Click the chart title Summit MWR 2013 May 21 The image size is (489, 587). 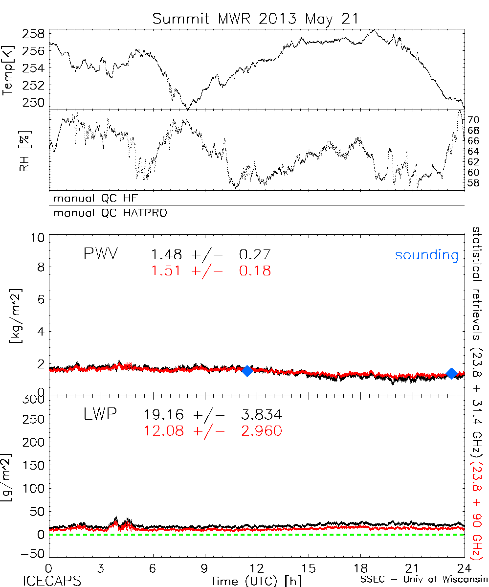tap(255, 19)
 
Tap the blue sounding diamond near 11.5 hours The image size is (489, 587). tap(247, 371)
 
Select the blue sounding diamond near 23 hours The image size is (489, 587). tap(452, 373)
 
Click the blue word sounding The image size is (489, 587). tap(427, 255)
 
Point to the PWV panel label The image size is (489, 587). tap(101, 254)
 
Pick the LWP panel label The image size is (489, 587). tap(100, 415)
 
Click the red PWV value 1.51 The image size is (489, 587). tap(167, 271)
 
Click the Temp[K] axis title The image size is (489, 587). tap(8, 70)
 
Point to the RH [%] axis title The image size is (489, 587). tap(22, 154)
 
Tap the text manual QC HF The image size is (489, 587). tap(92, 199)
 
